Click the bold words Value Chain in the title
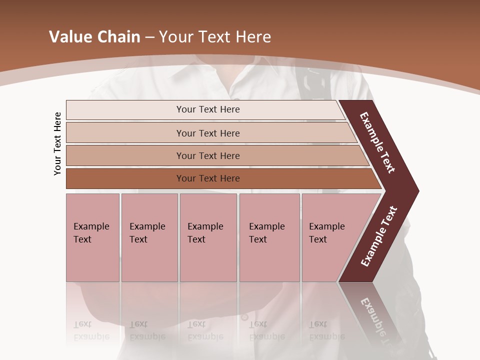click(x=94, y=37)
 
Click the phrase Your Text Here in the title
click(x=215, y=37)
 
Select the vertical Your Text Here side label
click(x=57, y=143)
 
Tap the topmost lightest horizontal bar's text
click(x=208, y=109)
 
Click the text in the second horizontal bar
click(x=208, y=133)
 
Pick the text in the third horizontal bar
click(x=208, y=155)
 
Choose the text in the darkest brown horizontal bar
click(x=208, y=178)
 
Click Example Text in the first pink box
click(x=91, y=233)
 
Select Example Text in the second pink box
click(x=147, y=233)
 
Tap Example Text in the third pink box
click(x=205, y=233)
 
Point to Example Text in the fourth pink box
click(x=266, y=233)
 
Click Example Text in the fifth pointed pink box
click(x=326, y=233)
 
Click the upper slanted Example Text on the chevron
click(x=377, y=142)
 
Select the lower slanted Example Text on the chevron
click(x=379, y=236)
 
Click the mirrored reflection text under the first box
click(x=91, y=330)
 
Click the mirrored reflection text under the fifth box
click(x=326, y=330)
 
